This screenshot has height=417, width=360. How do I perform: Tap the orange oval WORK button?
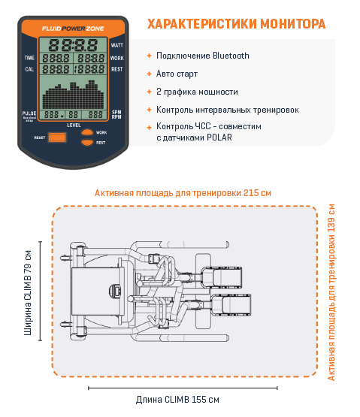tap(88, 133)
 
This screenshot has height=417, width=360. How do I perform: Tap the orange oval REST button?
tap(88, 142)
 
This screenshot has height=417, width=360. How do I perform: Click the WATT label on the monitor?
tap(117, 45)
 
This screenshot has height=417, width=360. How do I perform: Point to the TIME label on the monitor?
tap(29, 57)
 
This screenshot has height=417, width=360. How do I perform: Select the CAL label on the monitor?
tap(29, 68)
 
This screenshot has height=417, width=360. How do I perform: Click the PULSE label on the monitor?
tap(29, 113)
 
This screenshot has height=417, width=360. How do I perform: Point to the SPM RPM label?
tap(117, 114)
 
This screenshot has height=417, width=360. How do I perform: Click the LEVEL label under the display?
tap(73, 124)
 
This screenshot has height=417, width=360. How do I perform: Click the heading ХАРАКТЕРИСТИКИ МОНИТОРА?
tap(236, 25)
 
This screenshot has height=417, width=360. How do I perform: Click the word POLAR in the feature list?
tap(219, 137)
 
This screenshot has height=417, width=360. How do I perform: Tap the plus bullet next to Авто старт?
tap(149, 74)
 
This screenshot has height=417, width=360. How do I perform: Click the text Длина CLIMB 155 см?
tap(177, 400)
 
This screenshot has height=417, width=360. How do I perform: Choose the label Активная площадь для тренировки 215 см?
tap(183, 193)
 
